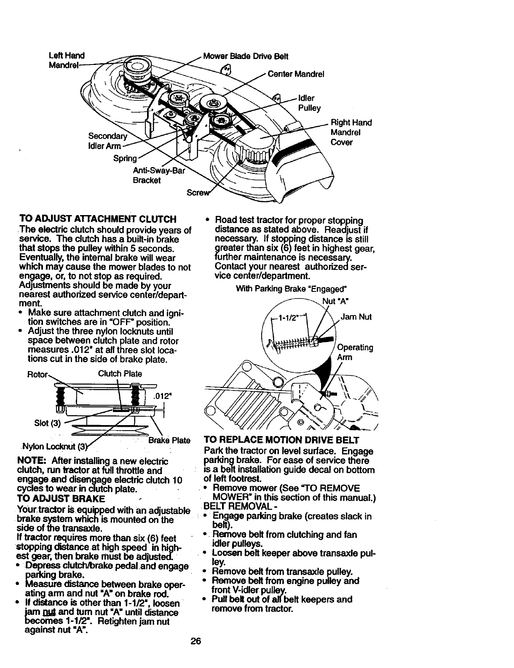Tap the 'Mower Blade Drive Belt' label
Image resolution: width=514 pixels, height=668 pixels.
[x=246, y=56]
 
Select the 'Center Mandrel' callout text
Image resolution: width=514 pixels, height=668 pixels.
[x=296, y=74]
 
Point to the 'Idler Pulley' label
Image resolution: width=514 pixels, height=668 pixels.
[x=309, y=103]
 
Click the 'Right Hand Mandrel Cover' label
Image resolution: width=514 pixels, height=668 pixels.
[x=351, y=132]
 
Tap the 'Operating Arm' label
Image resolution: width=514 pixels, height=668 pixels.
[x=355, y=352]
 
